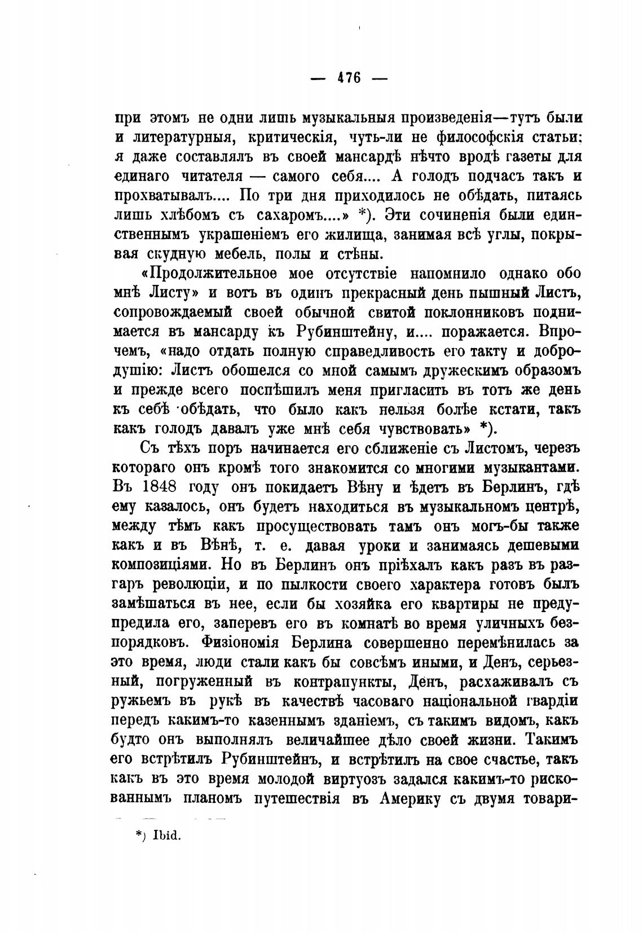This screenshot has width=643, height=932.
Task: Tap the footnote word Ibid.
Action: (165, 836)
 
